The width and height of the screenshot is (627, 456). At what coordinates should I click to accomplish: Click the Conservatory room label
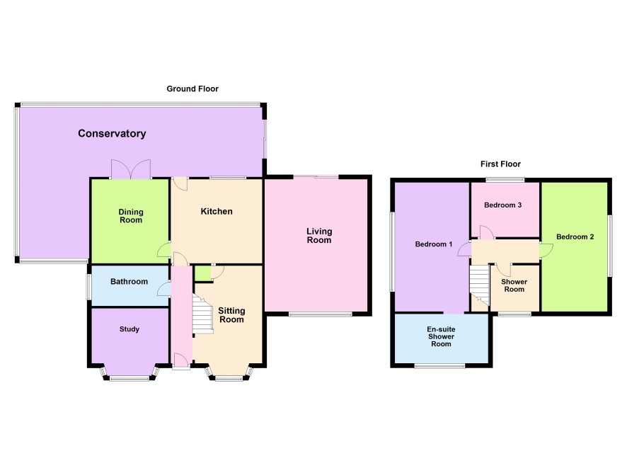112,134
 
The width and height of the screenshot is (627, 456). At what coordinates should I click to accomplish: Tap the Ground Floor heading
192,89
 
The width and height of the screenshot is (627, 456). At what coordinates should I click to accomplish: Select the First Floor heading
500,164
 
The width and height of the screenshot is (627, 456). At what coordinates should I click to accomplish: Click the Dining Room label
131,216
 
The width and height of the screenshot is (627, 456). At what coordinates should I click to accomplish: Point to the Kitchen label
217,211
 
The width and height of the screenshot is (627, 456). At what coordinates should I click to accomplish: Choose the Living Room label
319,236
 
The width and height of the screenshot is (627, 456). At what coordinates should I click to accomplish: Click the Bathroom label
130,282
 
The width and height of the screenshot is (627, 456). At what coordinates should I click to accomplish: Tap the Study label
130,329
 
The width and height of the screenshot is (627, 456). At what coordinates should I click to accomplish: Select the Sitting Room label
231,315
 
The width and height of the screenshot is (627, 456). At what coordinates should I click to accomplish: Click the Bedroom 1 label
434,244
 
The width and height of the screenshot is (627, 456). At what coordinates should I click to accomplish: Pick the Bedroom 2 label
575,236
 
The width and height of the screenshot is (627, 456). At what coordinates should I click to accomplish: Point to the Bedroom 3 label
502,205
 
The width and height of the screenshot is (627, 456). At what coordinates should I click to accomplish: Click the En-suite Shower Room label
441,336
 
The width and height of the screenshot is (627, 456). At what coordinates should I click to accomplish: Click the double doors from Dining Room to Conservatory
131,169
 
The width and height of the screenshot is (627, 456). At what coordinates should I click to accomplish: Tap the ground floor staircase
202,314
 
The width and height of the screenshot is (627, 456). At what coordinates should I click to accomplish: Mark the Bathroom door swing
164,289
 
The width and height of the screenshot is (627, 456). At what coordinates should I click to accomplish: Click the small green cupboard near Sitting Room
202,273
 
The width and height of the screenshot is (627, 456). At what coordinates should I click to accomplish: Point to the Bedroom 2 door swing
546,251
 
